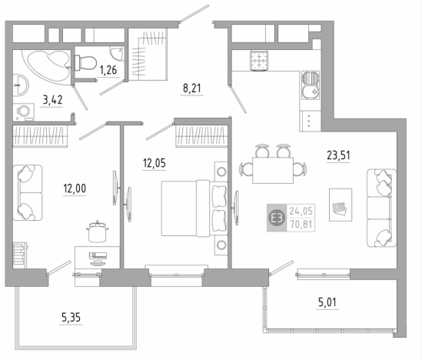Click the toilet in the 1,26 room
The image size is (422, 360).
[85, 63]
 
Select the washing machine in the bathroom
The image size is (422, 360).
[24, 112]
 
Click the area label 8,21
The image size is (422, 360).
[191, 88]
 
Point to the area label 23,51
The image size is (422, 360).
[338, 155]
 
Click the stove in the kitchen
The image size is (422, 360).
[259, 61]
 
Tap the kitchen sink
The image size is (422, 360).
[311, 85]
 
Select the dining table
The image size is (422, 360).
[273, 170]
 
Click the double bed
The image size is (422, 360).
[194, 208]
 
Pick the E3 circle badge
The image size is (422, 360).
[277, 218]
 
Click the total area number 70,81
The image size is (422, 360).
[301, 225]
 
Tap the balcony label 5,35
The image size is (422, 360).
[71, 318]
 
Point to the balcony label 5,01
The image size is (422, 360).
[327, 302]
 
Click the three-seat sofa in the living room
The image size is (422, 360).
[381, 208]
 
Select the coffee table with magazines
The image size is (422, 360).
[341, 205]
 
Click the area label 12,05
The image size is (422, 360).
[155, 163]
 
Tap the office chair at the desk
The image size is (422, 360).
[98, 232]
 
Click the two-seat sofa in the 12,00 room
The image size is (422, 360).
[28, 193]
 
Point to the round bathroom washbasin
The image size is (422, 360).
[21, 85]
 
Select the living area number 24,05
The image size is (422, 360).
[301, 211]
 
